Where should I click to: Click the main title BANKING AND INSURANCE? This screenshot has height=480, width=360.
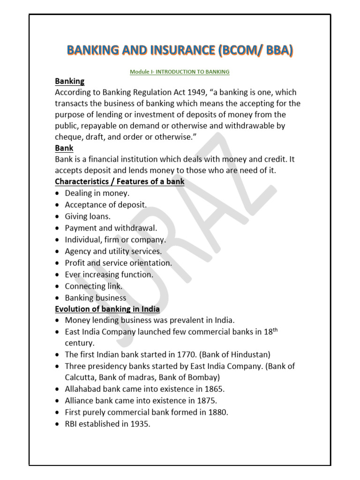180,51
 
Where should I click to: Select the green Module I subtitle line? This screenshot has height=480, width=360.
180,72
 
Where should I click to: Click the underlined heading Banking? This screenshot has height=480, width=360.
70,82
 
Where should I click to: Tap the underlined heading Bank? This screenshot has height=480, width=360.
64,148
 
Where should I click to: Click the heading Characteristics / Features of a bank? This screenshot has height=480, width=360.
120,181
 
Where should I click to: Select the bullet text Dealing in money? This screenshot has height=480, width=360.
97,193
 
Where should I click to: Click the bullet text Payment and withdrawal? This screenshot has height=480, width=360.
111,228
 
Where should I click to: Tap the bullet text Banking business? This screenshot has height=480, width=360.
96,298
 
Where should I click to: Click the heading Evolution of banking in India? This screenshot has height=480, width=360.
107,309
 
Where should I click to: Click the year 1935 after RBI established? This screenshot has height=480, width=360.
141,424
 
